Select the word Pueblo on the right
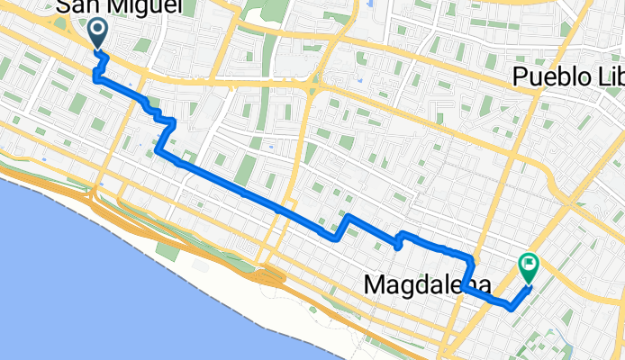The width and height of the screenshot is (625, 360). [x=550, y=77]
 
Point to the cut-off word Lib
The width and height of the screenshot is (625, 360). [x=607, y=77]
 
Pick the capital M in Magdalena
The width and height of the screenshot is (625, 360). [x=376, y=284]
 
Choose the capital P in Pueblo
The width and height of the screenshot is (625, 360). [x=521, y=77]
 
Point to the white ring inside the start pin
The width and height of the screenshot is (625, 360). [x=97, y=28]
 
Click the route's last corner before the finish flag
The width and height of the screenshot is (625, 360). [x=512, y=307]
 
